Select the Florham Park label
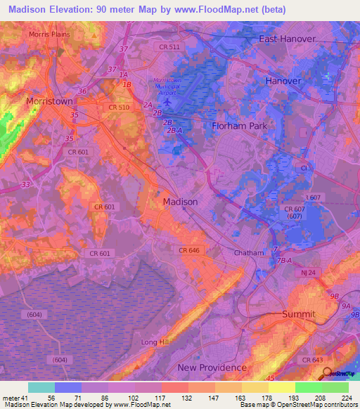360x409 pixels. click(x=241, y=126)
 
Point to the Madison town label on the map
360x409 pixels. click(x=180, y=202)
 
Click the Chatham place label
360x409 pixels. click(x=249, y=253)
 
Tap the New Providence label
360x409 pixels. click(x=212, y=368)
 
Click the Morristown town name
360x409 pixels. click(x=49, y=101)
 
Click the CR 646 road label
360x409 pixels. click(x=190, y=250)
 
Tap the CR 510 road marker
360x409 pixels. click(x=118, y=108)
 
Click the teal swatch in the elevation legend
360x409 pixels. click(x=41, y=387)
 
